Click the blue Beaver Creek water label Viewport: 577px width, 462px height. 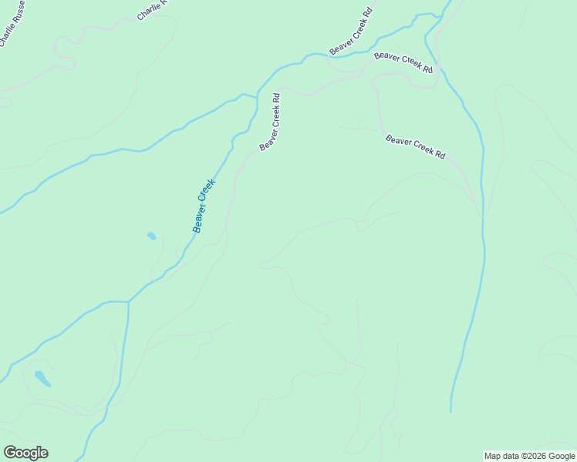[x=203, y=206]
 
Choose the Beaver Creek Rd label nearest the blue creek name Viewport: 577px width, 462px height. [x=270, y=122]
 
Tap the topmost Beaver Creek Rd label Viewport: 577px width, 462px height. [x=351, y=32]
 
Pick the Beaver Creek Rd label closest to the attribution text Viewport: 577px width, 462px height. [x=415, y=146]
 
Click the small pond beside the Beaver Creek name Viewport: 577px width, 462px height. [x=151, y=236]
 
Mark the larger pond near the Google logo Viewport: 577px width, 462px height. [x=42, y=379]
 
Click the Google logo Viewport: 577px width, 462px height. [x=25, y=453]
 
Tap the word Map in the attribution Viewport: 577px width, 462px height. [x=492, y=456]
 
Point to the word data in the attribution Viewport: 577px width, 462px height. [x=510, y=456]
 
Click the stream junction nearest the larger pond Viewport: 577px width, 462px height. [x=128, y=303]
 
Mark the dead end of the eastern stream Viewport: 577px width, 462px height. [x=451, y=410]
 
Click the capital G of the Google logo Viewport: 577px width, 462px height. [x=10, y=453]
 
